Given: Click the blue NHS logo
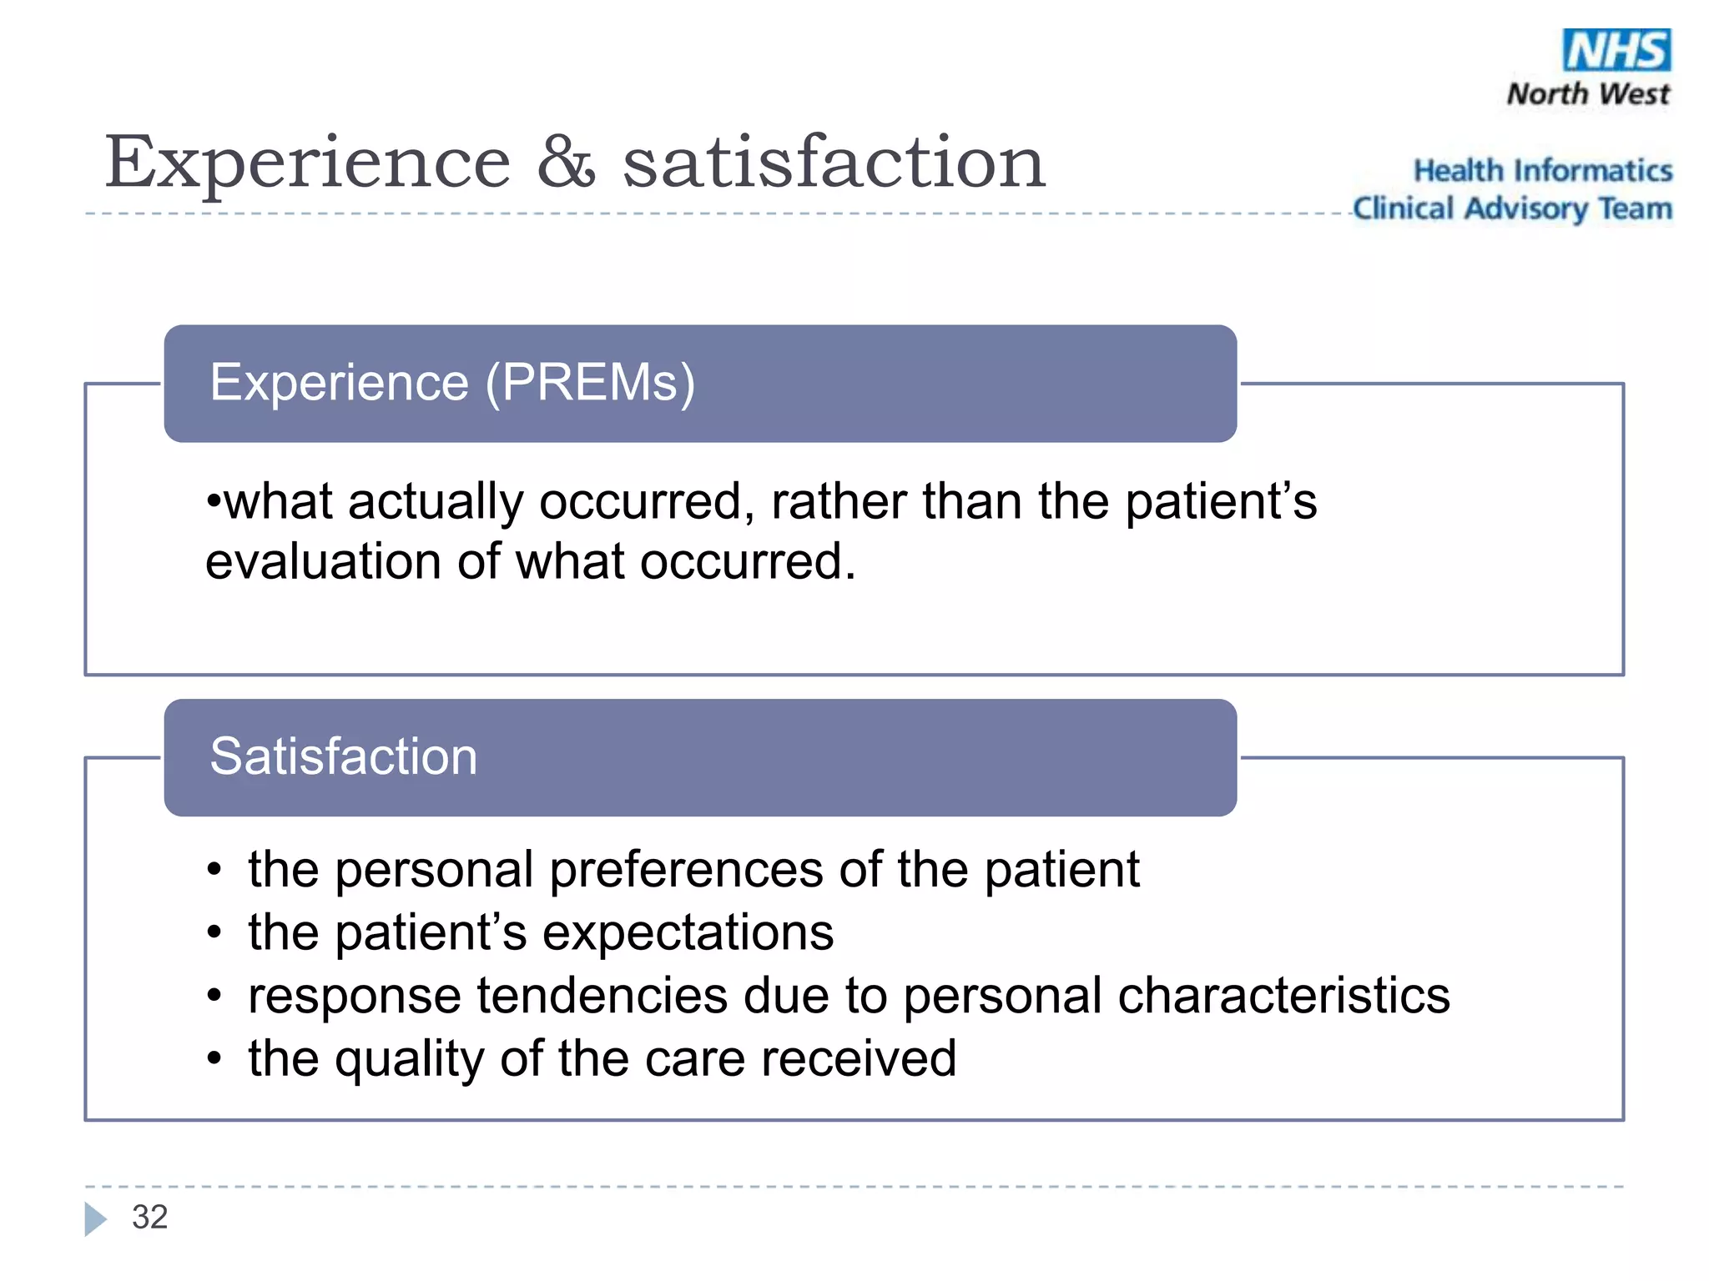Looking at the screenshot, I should coord(1616,50).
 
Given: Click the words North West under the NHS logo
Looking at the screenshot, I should coord(1588,94).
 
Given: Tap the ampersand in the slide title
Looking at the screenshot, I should coord(566,162).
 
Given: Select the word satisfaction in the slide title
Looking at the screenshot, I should coord(834,163).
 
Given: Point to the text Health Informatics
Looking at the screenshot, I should coord(1542,171).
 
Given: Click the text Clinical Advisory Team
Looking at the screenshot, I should coord(1512,208).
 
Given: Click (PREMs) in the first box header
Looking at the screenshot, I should coord(590,384).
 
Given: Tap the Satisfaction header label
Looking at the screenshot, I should coord(343,757).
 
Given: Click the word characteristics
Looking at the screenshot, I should coord(1283,996).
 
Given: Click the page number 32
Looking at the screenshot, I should coord(149,1218).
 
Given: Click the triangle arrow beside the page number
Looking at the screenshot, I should coord(95,1218).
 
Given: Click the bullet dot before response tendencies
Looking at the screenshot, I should coord(214,996).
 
